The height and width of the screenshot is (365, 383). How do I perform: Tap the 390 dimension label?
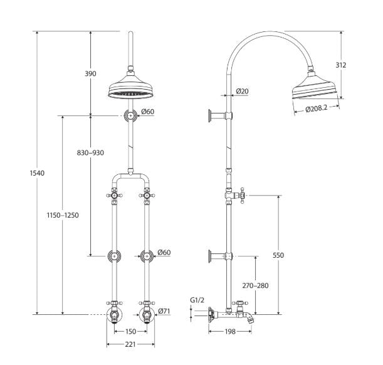pyautogui.click(x=90, y=73)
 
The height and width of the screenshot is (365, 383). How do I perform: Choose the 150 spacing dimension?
pyautogui.click(x=130, y=331)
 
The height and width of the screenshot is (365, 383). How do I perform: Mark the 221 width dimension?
pyautogui.click(x=130, y=344)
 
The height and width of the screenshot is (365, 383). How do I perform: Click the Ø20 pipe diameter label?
pyautogui.click(x=243, y=92)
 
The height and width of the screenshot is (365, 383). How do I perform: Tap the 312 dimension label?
pyautogui.click(x=341, y=65)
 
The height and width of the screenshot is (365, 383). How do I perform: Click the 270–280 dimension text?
pyautogui.click(x=255, y=285)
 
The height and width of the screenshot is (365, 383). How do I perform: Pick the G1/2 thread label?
pyautogui.click(x=197, y=300)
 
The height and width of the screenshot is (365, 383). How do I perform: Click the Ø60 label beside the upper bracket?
pyautogui.click(x=148, y=112)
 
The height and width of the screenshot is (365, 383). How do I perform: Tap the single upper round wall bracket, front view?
pyautogui.click(x=130, y=115)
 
